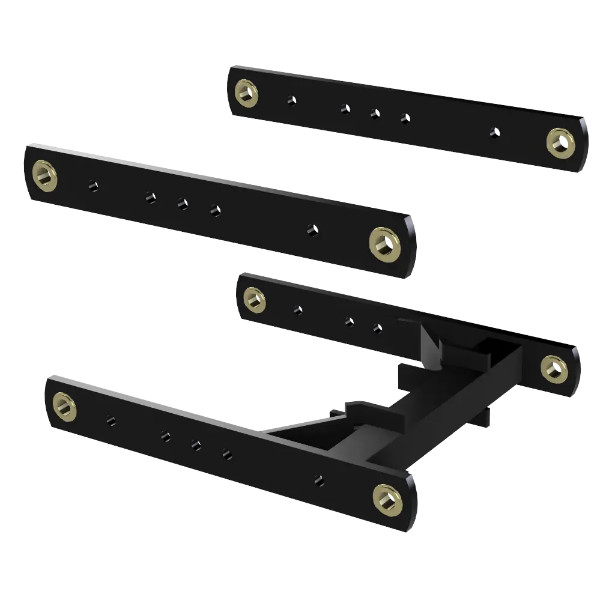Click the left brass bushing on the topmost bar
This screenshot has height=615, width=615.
246,92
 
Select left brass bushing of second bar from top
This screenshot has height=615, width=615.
44,175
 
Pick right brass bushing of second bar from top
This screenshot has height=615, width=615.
383,243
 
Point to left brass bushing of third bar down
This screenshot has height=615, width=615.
255,299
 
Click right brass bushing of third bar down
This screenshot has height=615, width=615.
554,369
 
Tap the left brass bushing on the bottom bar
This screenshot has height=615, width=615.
64,406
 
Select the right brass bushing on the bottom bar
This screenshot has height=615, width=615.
387,497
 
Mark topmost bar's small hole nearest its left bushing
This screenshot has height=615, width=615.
291,100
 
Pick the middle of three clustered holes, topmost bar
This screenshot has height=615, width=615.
375,113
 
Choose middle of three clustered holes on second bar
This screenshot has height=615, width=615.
183,204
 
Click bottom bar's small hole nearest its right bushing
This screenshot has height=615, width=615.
319,480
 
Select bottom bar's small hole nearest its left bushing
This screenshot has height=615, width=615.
111,420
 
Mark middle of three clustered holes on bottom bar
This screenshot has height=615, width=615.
196,445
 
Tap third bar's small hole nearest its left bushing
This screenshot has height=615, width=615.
297,311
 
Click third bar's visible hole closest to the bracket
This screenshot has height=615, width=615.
377,329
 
